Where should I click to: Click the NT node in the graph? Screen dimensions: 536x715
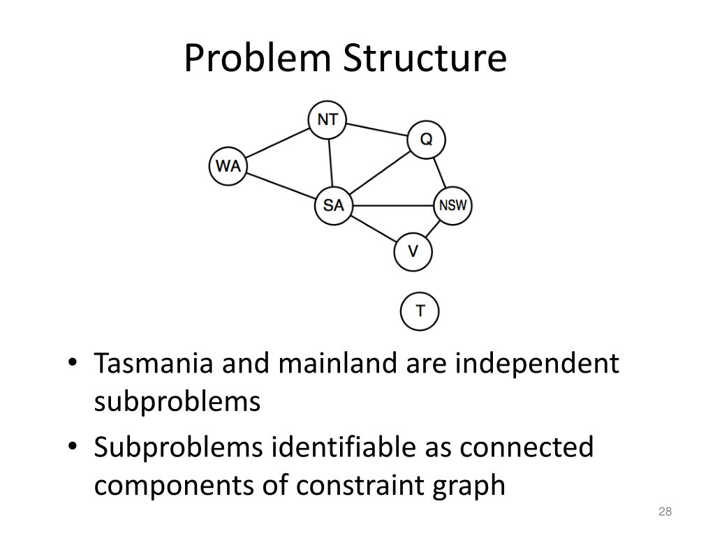327,119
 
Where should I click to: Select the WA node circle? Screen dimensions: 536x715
228,166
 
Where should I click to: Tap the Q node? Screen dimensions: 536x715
426,140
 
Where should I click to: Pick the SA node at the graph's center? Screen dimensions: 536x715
334,206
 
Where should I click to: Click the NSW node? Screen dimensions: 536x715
453,206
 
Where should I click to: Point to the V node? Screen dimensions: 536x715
413,251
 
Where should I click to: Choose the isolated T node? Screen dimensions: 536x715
420,311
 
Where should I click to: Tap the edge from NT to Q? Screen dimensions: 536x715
377,129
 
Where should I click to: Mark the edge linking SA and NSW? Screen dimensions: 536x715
393,206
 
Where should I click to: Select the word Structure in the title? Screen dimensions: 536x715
424,59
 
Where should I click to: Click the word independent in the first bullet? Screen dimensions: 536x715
537,364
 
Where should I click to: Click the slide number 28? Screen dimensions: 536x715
664,513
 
